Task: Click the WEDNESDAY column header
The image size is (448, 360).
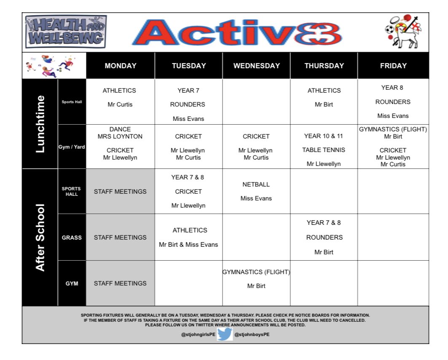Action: tap(256, 66)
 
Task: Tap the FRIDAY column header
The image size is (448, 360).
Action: tap(393, 66)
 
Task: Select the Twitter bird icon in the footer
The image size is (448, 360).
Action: tap(225, 334)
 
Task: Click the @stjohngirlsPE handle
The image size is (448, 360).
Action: tap(198, 334)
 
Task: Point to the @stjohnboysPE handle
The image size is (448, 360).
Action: tap(252, 334)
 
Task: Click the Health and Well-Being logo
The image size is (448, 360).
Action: tap(66, 32)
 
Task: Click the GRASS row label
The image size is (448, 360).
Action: tap(72, 237)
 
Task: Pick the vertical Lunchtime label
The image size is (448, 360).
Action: tap(40, 124)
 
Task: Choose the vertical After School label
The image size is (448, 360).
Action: tap(40, 237)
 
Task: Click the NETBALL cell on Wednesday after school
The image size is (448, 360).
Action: tap(256, 184)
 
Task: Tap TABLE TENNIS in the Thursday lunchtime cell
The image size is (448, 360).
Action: tap(324, 150)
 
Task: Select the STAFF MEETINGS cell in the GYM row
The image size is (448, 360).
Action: tap(120, 283)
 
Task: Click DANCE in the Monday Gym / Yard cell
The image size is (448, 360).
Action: tap(120, 129)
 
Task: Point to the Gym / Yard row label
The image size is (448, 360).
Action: tap(72, 147)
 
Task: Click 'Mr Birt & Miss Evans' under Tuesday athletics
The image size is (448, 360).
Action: tap(188, 245)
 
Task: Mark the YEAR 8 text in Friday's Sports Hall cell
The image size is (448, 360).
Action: tap(393, 88)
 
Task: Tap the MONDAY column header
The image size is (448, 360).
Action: tap(121, 66)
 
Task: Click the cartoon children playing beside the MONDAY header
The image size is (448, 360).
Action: tap(54, 66)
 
